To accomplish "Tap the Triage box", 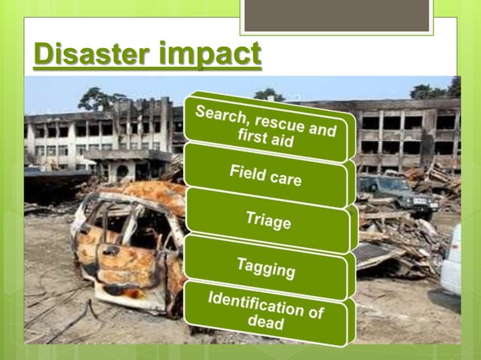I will click(x=268, y=221).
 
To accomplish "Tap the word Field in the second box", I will click(x=247, y=170).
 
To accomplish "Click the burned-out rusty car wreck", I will click(x=124, y=249).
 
